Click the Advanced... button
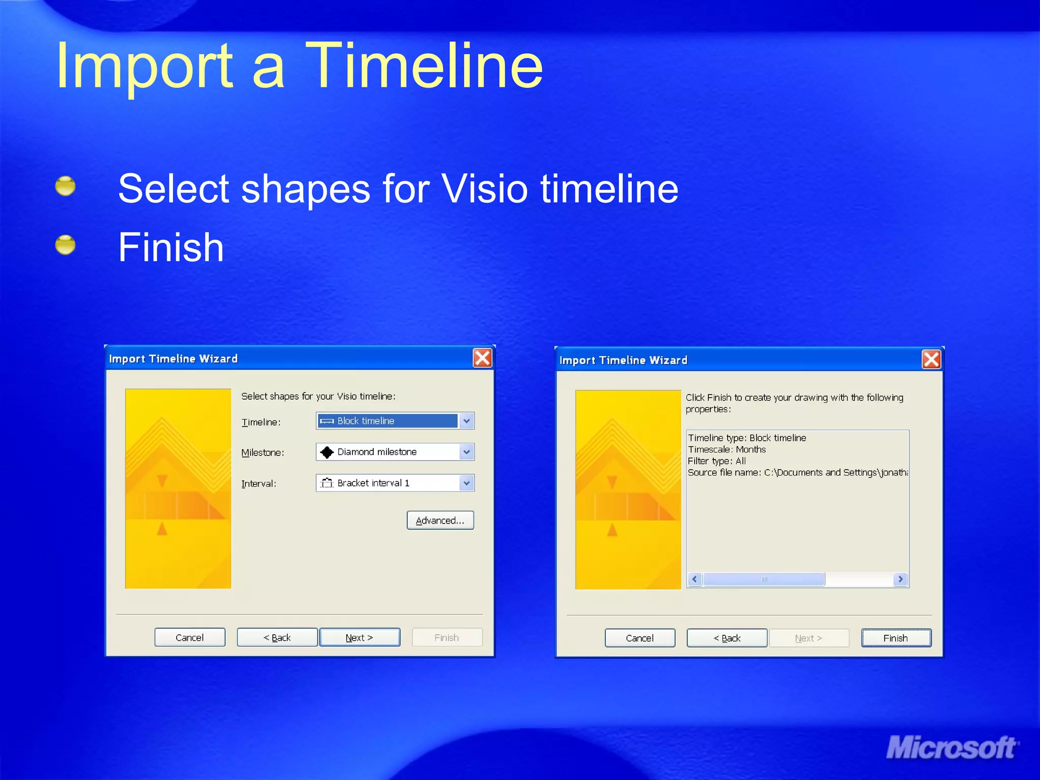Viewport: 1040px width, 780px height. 440,520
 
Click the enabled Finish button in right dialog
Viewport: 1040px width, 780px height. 896,638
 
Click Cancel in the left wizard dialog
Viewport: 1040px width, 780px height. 189,637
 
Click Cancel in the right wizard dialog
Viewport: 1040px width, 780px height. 639,638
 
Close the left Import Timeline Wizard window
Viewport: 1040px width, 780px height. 482,358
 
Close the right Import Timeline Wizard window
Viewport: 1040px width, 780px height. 931,360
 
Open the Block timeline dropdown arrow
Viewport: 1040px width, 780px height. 466,421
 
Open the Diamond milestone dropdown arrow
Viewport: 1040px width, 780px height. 466,452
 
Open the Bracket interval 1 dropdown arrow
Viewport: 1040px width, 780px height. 466,483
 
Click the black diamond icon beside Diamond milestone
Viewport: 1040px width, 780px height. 327,452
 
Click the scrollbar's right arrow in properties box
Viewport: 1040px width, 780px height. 900,579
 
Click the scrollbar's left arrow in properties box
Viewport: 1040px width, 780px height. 695,579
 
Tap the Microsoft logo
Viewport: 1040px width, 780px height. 951,748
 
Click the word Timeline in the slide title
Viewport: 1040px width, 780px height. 424,66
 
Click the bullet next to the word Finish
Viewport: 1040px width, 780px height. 65,245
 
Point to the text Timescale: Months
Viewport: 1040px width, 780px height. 726,449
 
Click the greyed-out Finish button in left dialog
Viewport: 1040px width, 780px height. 446,637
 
